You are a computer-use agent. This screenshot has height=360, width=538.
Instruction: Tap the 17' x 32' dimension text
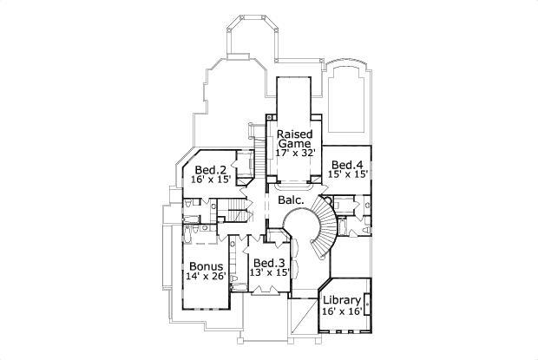click(x=294, y=153)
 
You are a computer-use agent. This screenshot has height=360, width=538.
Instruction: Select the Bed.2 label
click(x=210, y=169)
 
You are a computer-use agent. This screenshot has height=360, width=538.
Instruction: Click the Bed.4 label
click(x=347, y=164)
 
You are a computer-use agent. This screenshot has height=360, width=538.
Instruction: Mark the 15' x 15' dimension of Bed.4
click(x=347, y=174)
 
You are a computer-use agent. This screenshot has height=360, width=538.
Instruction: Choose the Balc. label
click(x=291, y=200)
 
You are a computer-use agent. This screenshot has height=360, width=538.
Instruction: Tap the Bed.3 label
click(x=269, y=263)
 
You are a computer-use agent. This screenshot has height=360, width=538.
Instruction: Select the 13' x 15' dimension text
click(x=269, y=273)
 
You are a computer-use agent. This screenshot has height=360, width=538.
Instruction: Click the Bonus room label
click(x=205, y=266)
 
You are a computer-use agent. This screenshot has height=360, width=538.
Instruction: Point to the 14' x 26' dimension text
click(x=205, y=277)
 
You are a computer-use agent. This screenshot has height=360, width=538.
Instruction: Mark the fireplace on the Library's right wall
click(x=367, y=304)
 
